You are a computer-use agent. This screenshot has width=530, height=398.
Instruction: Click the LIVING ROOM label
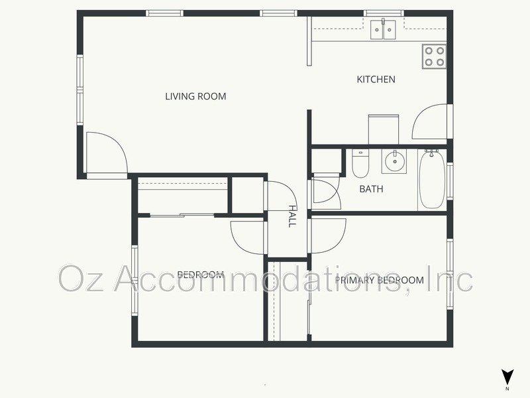pyautogui.click(x=195, y=97)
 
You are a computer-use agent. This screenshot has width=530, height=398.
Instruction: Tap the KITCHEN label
pyautogui.click(x=376, y=80)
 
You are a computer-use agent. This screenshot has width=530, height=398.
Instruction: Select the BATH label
pyautogui.click(x=371, y=189)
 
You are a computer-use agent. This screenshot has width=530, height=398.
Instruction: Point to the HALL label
pyautogui.click(x=291, y=216)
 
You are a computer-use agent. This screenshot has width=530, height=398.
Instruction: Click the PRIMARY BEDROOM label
pyautogui.click(x=379, y=280)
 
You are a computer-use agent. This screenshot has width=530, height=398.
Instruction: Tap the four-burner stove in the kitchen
pyautogui.click(x=434, y=56)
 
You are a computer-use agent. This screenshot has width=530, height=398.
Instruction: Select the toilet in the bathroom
pyautogui.click(x=360, y=164)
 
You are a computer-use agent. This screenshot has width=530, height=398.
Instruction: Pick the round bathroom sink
pyautogui.click(x=395, y=161)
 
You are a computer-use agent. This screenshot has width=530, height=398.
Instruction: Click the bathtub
pyautogui.click(x=431, y=179)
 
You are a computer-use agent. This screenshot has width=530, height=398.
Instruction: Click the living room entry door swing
pyautogui.click(x=106, y=153)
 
